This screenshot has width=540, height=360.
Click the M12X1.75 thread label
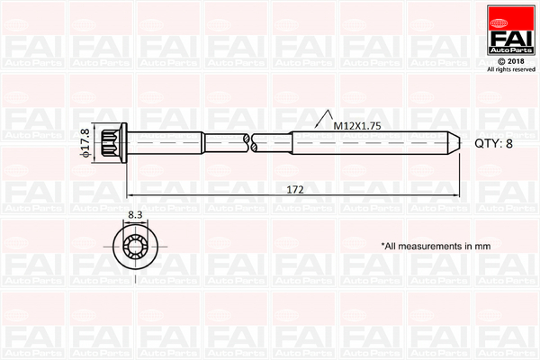pyautogui.click(x=357, y=126)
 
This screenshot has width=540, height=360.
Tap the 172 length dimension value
pyautogui.click(x=295, y=190)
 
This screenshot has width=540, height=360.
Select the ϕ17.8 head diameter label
pyautogui.click(x=85, y=143)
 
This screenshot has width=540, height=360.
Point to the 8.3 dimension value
pyautogui.click(x=135, y=215)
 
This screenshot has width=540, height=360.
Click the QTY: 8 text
pyautogui.click(x=493, y=143)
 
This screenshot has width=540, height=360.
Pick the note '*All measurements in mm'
pyautogui.click(x=436, y=246)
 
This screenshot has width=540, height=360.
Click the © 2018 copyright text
pyautogui.click(x=511, y=61)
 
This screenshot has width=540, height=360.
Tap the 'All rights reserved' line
pyautogui.click(x=511, y=69)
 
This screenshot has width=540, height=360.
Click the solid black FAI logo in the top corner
pyautogui.click(x=511, y=30)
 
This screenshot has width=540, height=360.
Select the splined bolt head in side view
pyautogui.click(x=110, y=142)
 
